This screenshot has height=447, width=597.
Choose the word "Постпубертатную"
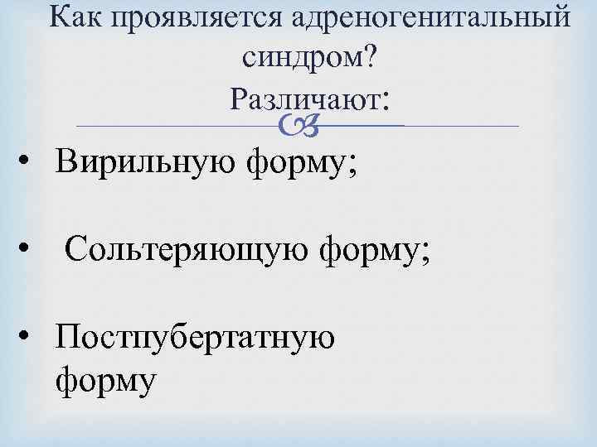click(x=195, y=339)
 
